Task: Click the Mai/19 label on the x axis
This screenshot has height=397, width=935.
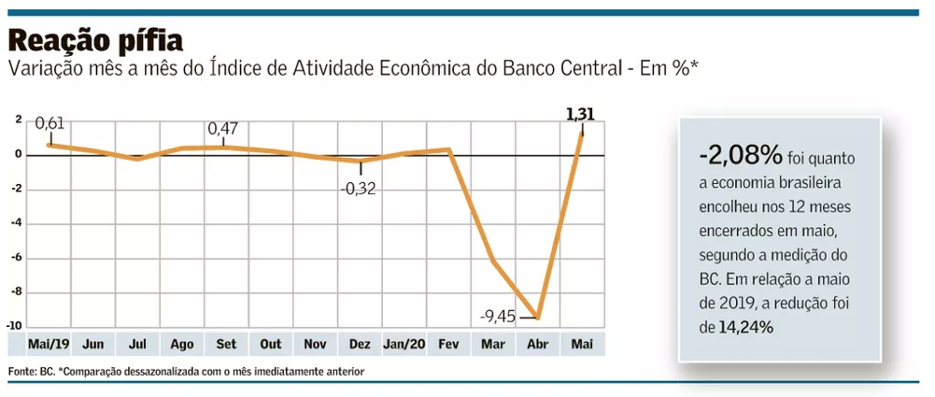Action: point(49,344)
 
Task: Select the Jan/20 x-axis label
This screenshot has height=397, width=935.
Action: point(404,344)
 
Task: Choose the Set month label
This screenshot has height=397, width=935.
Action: point(226,344)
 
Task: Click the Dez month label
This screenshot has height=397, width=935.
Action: point(360,344)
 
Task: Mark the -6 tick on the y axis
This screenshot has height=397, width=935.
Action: point(17,258)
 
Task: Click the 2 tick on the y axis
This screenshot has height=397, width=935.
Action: point(18,121)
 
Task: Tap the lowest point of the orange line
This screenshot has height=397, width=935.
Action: point(537,319)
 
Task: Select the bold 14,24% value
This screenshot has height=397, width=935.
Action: point(746,327)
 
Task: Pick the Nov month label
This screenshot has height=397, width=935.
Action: point(315,344)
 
